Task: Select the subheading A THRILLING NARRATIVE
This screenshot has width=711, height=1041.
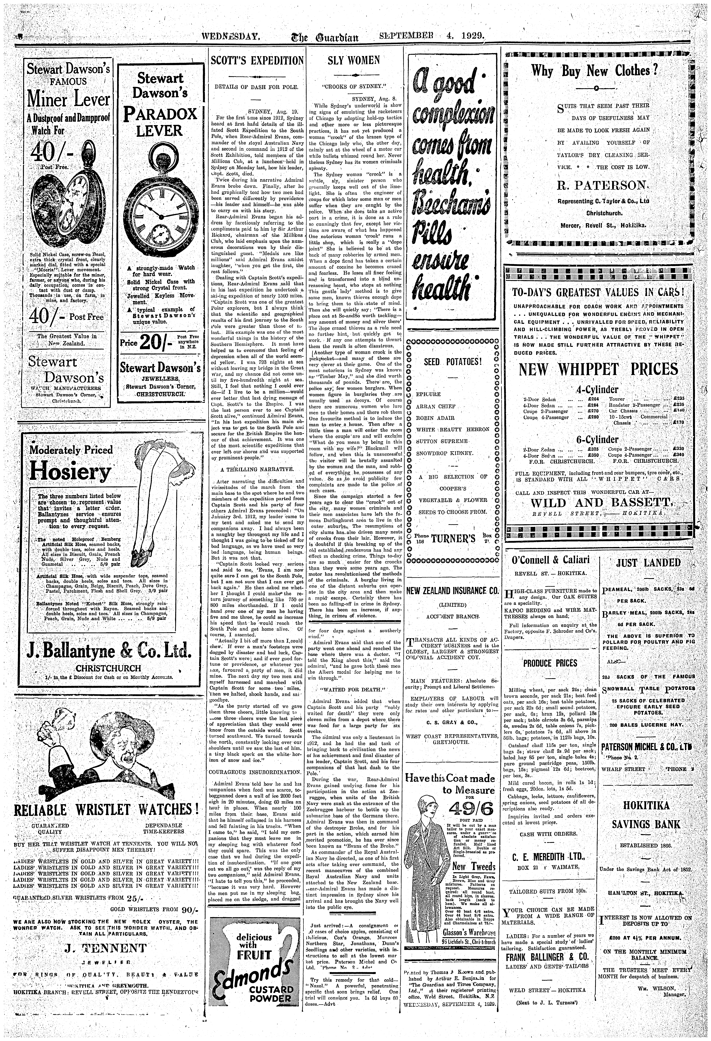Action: tap(257, 469)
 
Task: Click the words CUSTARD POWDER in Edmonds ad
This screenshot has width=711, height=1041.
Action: tap(277, 1015)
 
